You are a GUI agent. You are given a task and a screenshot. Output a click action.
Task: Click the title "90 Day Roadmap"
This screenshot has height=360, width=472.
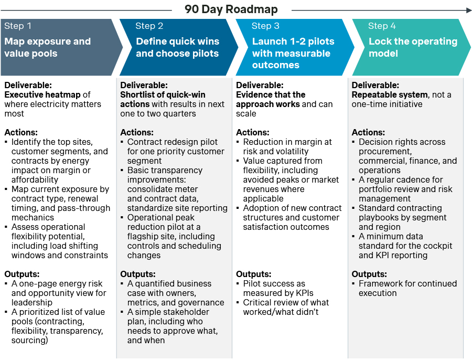(x=231, y=9)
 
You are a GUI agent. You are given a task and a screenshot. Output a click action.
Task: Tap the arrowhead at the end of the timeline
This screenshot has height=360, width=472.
(x=468, y=9)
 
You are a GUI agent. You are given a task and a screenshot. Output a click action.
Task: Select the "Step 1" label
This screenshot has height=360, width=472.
(x=18, y=26)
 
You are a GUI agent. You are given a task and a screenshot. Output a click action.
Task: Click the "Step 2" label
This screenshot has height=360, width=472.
(x=149, y=26)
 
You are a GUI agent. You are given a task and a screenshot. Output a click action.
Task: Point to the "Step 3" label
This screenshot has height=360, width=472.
(x=265, y=26)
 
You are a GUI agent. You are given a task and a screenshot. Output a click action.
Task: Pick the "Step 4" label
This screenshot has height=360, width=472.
(x=381, y=26)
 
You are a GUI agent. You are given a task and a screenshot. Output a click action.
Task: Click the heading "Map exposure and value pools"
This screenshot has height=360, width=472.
(x=47, y=47)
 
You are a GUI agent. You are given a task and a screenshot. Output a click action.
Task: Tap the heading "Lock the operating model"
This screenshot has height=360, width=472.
(x=412, y=47)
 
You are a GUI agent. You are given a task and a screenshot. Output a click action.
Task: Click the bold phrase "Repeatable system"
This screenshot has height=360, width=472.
(x=389, y=94)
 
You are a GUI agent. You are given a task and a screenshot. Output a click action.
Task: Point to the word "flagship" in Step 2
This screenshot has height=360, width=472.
(x=143, y=236)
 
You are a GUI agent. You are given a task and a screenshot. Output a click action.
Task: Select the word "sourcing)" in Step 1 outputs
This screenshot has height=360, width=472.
(x=30, y=340)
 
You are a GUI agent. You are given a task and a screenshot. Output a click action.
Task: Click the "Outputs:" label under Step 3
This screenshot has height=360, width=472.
(x=253, y=274)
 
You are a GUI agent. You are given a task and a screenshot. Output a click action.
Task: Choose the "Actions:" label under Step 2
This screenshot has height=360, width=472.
(x=137, y=132)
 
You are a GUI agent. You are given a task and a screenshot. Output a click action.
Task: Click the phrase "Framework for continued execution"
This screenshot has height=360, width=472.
(x=407, y=288)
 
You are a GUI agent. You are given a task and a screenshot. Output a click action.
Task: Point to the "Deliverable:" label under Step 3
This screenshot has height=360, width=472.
(x=260, y=85)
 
